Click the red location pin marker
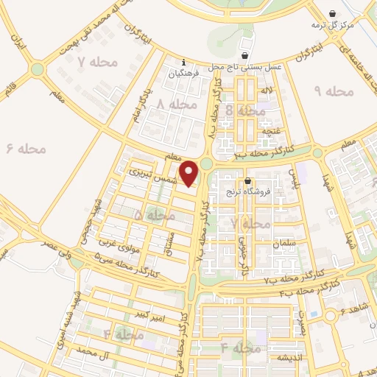point(189,175)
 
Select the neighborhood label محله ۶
point(27,149)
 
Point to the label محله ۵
point(155,215)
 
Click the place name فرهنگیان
point(183,74)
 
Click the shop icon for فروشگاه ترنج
point(247,181)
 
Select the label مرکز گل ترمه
point(332,25)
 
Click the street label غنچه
point(274,130)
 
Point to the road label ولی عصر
point(43,249)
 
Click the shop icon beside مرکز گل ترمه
point(332,13)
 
